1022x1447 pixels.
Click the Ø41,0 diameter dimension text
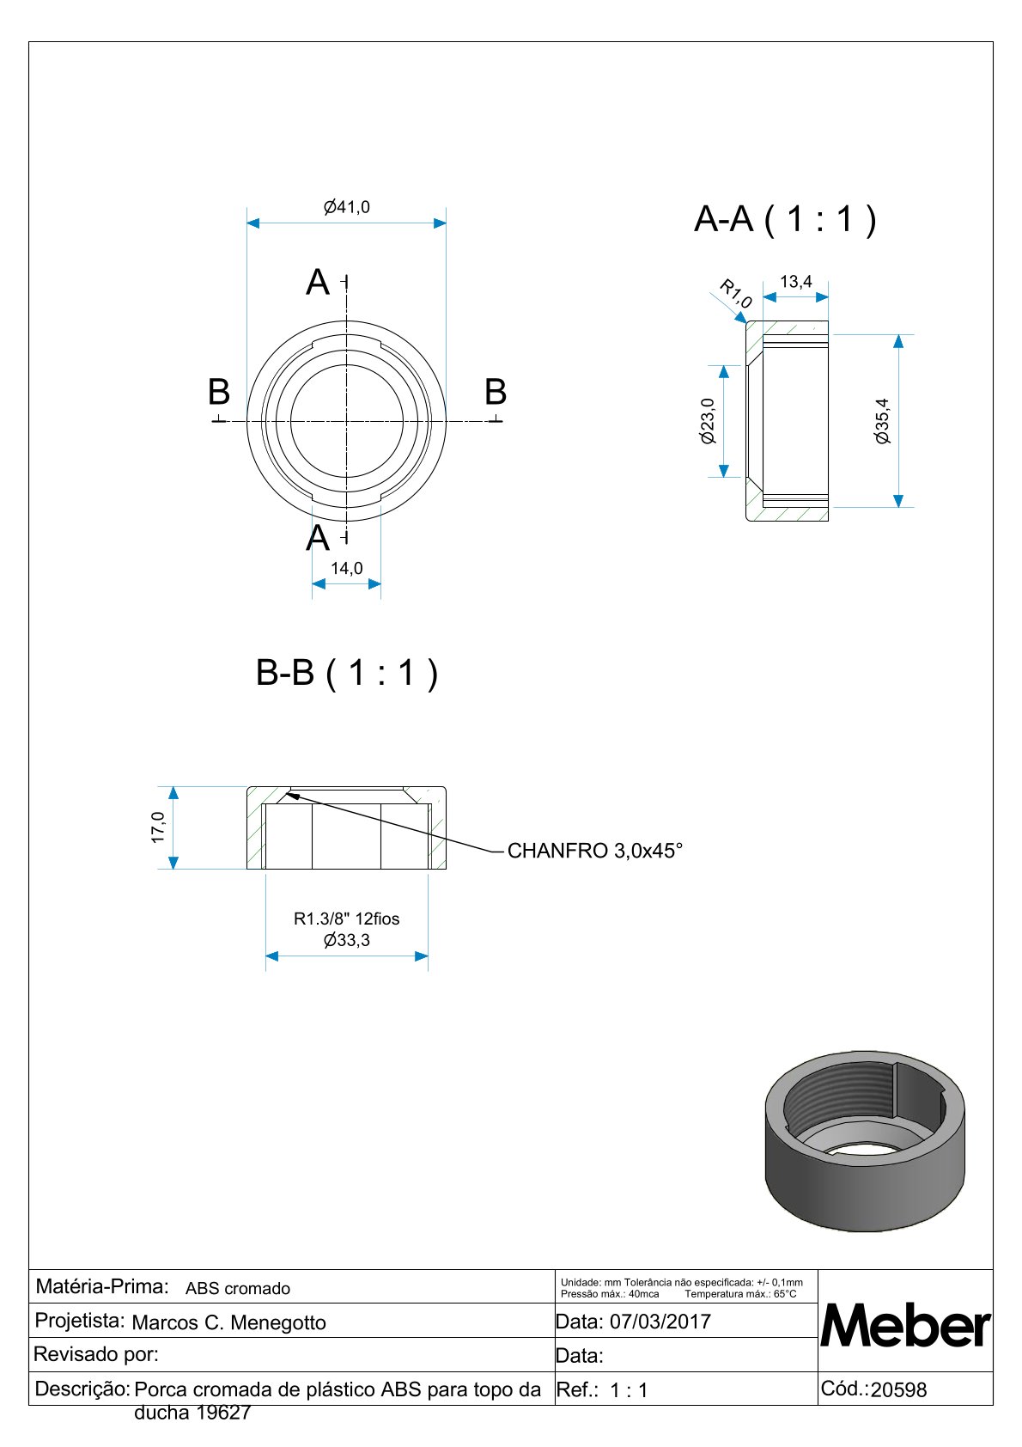(346, 207)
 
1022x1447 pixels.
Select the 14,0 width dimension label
(346, 568)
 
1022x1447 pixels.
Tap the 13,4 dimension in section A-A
(795, 282)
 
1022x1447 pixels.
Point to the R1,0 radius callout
(735, 293)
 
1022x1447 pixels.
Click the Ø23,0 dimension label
(708, 421)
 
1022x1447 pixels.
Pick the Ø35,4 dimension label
(882, 421)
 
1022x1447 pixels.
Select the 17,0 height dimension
(158, 827)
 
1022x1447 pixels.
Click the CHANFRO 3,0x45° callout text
(594, 851)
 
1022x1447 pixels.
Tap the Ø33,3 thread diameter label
(346, 940)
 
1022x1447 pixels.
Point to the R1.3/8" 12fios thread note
(346, 919)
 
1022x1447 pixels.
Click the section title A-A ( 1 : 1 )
(785, 219)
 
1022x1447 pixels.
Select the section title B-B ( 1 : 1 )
(347, 672)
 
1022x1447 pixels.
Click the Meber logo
(905, 1326)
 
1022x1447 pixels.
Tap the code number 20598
(898, 1390)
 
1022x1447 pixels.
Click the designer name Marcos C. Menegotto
(229, 1322)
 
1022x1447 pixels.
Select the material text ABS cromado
(238, 1288)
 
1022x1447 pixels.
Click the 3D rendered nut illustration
(864, 1141)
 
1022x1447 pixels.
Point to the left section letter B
(219, 392)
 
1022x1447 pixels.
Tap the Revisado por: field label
(96, 1354)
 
